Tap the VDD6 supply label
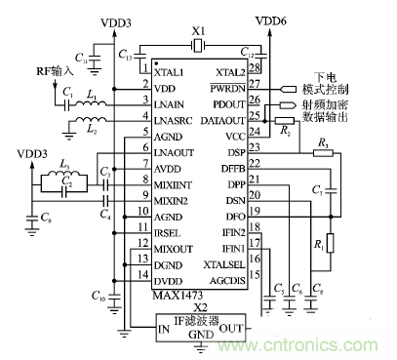point(269,20)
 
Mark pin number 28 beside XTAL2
point(255,69)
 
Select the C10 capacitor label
point(97,294)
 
